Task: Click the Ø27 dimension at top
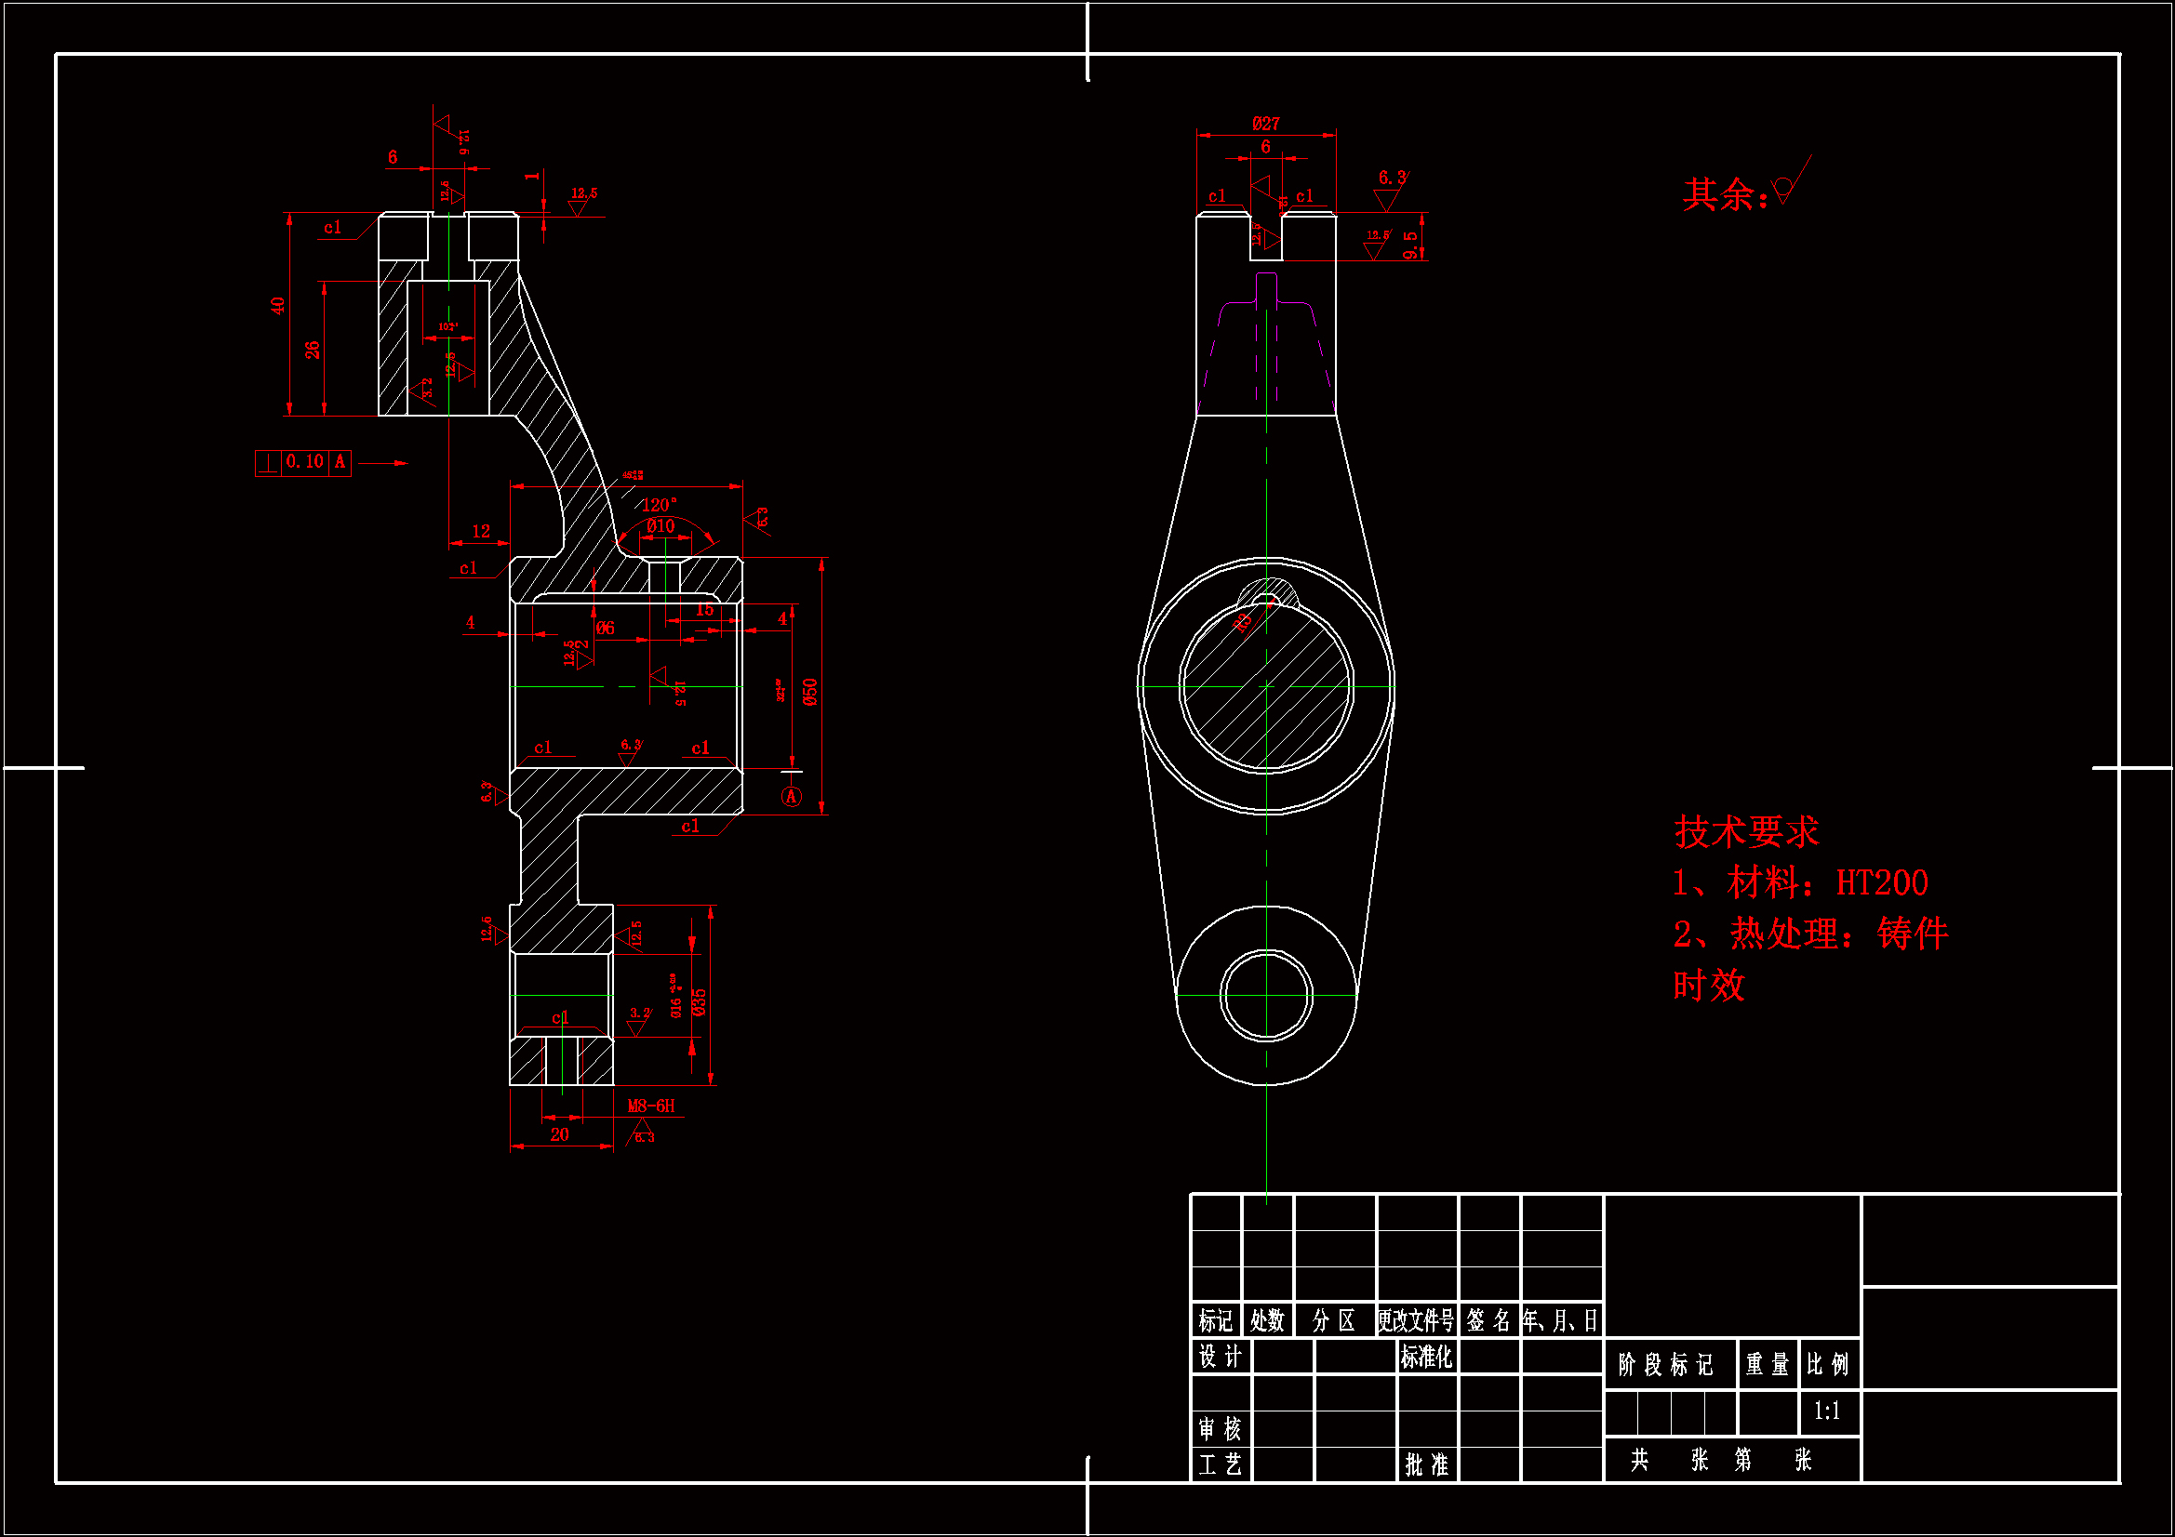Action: click(1265, 124)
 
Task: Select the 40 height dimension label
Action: click(277, 306)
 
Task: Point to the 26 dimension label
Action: click(313, 350)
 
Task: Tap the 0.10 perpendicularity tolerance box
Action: click(304, 462)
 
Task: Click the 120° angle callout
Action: click(660, 505)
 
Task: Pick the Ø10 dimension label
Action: click(661, 526)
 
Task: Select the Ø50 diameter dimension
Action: click(810, 691)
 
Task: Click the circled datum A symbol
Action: click(792, 797)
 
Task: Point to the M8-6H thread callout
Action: click(652, 1106)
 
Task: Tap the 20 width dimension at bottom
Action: click(560, 1134)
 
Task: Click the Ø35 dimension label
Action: click(700, 1002)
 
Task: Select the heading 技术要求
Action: click(1746, 832)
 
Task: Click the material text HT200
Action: click(1881, 883)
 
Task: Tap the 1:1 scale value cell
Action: click(1827, 1411)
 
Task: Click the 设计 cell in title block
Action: click(1221, 1357)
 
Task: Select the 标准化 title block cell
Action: click(1426, 1357)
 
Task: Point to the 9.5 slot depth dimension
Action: click(1411, 245)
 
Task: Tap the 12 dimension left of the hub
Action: click(481, 531)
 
